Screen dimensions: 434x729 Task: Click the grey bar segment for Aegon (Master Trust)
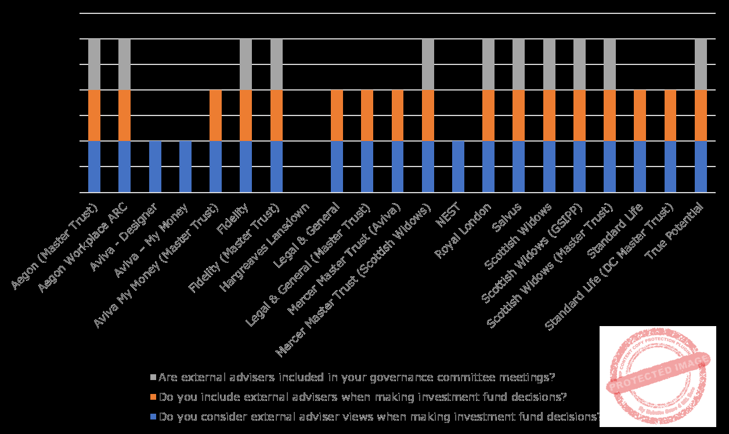click(94, 64)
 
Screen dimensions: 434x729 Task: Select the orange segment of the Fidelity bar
click(246, 115)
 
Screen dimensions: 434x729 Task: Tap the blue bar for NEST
click(458, 167)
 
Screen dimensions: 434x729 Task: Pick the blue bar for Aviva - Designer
click(155, 167)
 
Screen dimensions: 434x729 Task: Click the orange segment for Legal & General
click(337, 115)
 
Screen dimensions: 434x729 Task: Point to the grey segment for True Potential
click(701, 64)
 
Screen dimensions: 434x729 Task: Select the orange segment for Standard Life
click(640, 115)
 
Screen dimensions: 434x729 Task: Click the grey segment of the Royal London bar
click(488, 64)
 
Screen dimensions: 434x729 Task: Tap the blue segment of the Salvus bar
click(518, 167)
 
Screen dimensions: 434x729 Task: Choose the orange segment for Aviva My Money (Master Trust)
click(215, 115)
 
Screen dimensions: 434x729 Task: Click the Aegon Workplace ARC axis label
click(87, 247)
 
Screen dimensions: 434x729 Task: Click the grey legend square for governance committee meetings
click(153, 378)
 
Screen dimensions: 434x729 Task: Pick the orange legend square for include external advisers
click(153, 397)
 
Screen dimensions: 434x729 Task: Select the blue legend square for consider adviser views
click(153, 417)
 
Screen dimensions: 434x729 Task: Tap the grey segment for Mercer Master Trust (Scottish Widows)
click(428, 64)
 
